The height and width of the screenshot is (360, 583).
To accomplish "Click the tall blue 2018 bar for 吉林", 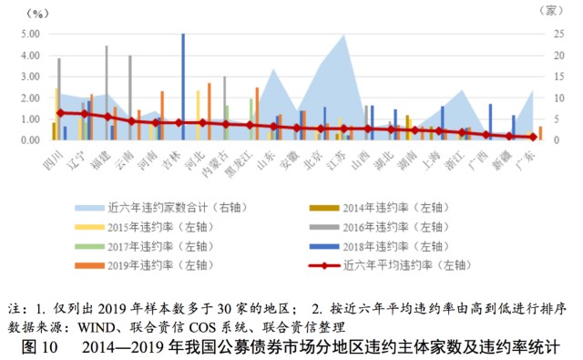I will point(183,87).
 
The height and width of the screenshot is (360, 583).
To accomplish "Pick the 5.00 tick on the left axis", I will point(29,34).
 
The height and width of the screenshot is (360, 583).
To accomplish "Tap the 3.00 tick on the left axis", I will point(29,77).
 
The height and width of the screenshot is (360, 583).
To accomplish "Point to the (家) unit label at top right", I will point(552,10).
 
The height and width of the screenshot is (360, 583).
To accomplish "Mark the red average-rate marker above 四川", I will point(60,113).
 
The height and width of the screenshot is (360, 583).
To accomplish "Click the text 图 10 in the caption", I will point(38,346).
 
